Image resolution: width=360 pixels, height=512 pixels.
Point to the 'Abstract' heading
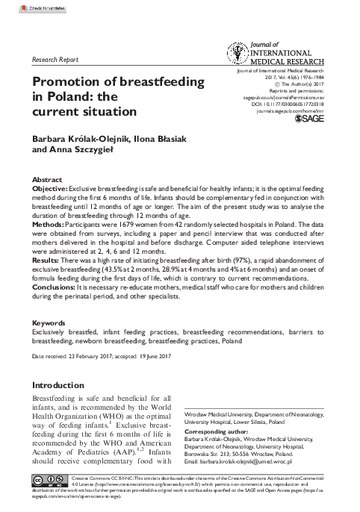[47, 181]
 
